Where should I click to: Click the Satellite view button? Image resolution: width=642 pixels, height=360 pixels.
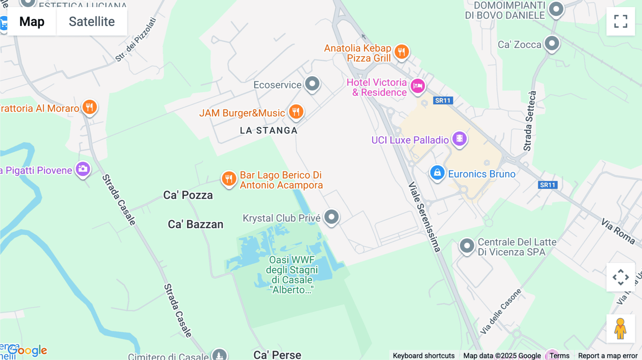[x=92, y=22]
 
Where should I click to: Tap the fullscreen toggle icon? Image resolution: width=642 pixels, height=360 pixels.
[x=621, y=21]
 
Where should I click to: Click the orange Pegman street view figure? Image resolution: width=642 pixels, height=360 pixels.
[x=620, y=329]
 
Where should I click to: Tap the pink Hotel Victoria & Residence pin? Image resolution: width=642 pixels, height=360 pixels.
[x=418, y=86]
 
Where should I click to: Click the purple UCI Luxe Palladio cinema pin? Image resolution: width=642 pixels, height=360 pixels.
[x=459, y=138]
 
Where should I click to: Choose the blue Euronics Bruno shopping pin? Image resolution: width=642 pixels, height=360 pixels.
[x=437, y=173]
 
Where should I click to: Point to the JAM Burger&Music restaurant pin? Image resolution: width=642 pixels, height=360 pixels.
[x=296, y=112]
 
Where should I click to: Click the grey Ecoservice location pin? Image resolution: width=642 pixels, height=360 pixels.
[x=312, y=84]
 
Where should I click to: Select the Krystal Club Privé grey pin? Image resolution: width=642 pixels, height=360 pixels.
[x=332, y=217]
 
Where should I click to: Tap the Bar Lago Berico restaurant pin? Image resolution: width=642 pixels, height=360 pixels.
[x=229, y=178]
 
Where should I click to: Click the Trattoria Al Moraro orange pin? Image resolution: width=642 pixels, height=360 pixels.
[x=90, y=107]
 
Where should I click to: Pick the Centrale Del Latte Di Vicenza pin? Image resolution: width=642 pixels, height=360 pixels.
[x=467, y=246]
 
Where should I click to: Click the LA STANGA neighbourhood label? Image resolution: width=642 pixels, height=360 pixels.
[x=269, y=131]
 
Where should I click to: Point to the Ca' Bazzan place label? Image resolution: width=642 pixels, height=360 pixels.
[x=195, y=225]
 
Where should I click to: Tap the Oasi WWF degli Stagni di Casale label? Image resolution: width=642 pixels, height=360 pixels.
[x=292, y=275]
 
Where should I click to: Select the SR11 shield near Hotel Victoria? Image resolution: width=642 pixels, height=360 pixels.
[x=443, y=101]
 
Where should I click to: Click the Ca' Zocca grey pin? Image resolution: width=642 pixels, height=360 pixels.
[x=552, y=44]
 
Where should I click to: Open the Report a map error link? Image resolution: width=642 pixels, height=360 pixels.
[x=607, y=356]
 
